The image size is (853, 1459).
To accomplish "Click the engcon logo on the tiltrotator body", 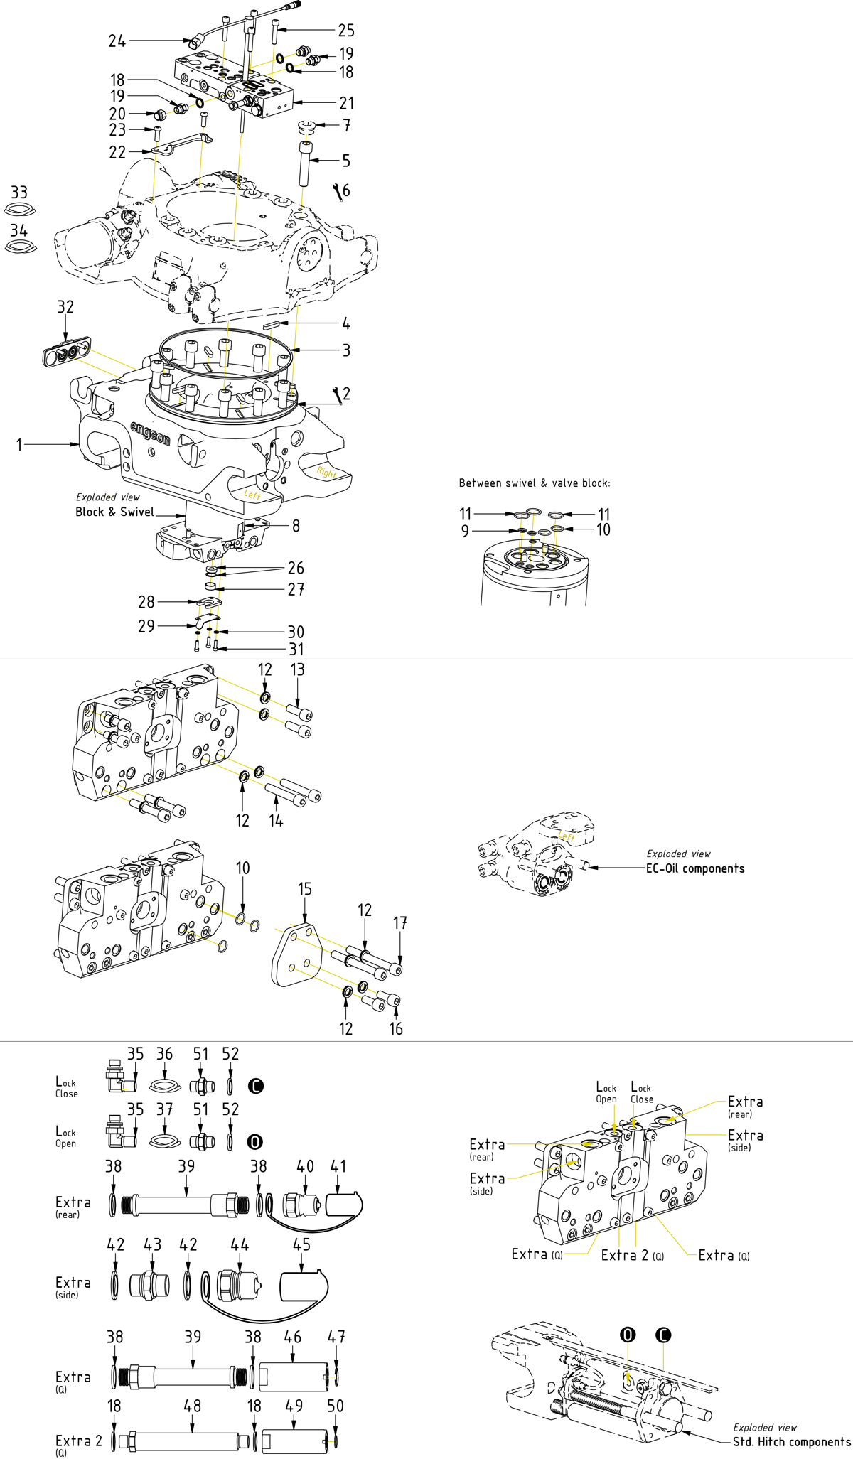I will tap(150, 433).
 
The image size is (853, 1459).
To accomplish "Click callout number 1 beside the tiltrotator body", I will tap(19, 445).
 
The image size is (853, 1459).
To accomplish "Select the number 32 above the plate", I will tap(65, 307).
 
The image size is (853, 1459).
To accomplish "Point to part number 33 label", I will tap(19, 193).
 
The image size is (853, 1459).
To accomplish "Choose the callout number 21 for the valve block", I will tap(346, 103).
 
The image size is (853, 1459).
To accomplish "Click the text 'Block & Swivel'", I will tap(114, 512).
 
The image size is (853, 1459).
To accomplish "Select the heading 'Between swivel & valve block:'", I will tap(534, 483).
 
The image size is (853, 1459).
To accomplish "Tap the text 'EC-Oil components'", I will tap(694, 868).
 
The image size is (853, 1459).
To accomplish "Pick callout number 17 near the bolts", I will tap(400, 923).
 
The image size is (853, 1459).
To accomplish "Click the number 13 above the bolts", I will tap(297, 669).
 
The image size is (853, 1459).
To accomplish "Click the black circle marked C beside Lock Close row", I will tap(256, 1086).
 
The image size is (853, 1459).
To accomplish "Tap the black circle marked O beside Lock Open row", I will tap(254, 1142).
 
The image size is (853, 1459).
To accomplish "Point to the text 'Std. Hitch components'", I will tap(791, 1442).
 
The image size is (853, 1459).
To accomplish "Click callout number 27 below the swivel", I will tap(296, 589).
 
